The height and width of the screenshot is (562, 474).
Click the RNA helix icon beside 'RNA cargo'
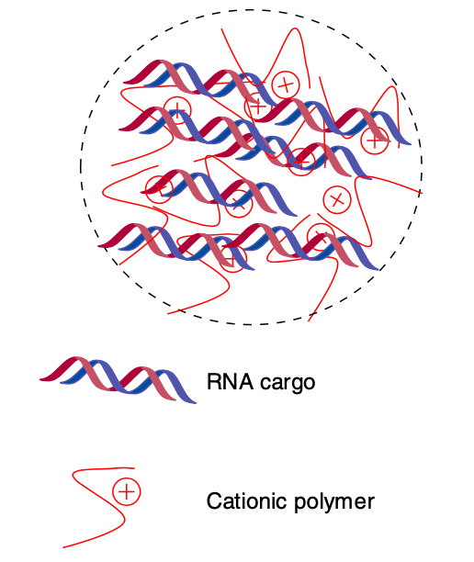[x=118, y=379]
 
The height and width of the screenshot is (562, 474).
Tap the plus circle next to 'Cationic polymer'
[x=126, y=492]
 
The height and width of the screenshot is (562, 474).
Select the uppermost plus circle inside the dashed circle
[x=287, y=84]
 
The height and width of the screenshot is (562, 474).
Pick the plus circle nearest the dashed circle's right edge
[x=374, y=140]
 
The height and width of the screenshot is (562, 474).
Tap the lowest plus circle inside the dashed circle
[x=236, y=261]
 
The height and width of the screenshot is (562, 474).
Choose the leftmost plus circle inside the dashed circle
[x=161, y=187]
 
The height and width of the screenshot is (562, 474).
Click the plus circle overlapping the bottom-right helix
[x=320, y=235]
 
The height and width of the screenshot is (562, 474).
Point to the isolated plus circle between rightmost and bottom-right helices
[x=336, y=198]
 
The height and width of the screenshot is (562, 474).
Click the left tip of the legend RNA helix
[x=41, y=377]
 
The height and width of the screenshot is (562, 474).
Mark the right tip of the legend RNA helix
[x=194, y=401]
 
